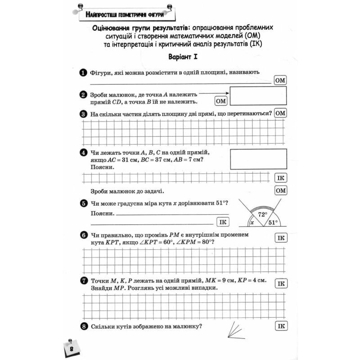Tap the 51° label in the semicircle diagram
click(x=272, y=222)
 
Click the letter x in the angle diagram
click(x=252, y=222)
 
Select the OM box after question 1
click(x=280, y=81)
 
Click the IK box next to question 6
click(x=280, y=238)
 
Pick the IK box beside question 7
click(x=280, y=283)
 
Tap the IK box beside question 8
click(x=280, y=326)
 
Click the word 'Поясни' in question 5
click(x=101, y=213)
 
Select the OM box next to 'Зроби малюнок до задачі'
click(x=280, y=191)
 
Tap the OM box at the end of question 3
click(x=280, y=113)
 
